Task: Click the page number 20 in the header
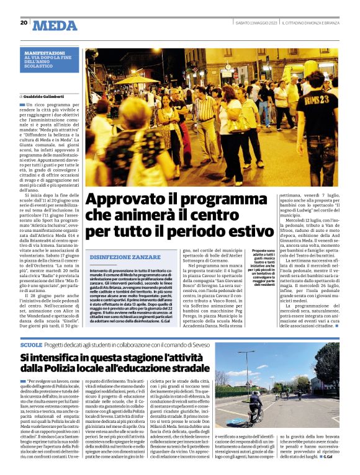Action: [x=24, y=23]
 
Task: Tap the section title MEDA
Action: [x=55, y=25]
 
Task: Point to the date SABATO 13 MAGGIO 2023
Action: [x=255, y=23]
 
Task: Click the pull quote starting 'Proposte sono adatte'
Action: [x=253, y=268]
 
